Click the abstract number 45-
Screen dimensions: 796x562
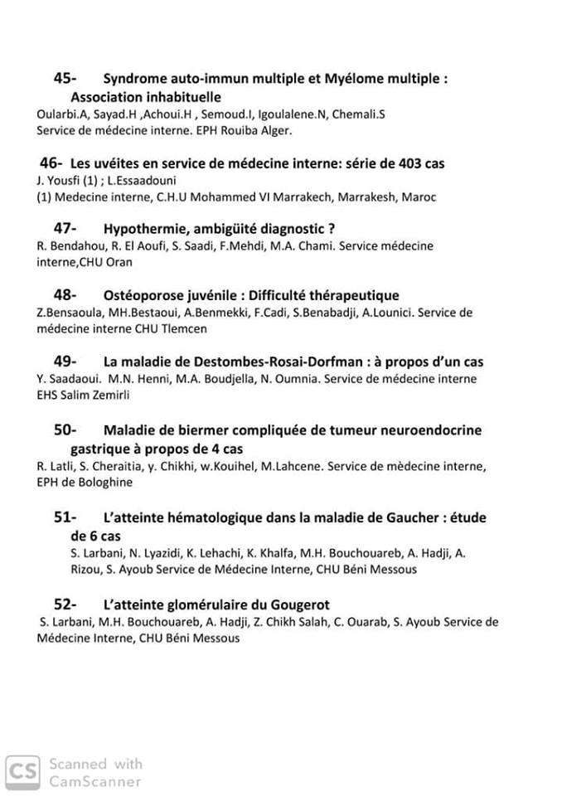pos(65,79)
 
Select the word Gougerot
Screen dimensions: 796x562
pos(294,604)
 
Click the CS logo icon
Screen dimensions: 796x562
pos(22,771)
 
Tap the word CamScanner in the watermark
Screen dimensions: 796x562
pos(95,781)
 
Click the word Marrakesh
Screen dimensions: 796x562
pos(364,197)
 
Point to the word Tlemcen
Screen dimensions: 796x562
pos(183,328)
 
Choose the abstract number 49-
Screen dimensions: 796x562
pos(65,362)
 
